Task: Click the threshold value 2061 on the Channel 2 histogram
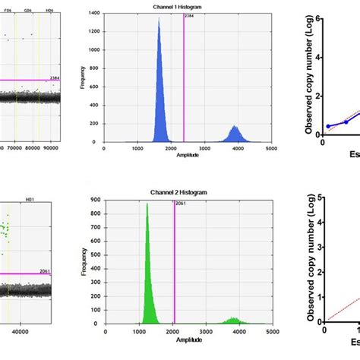[x=179, y=205]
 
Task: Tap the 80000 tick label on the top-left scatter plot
[x=33, y=149]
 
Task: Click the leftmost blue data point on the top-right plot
[x=328, y=126]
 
